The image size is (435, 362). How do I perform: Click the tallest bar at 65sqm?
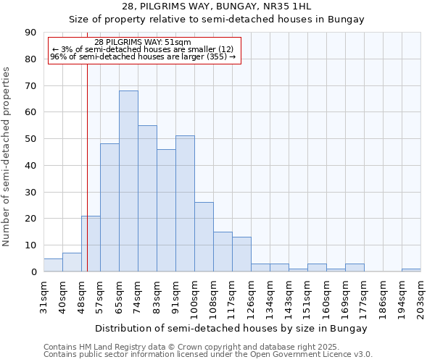tap(128, 181)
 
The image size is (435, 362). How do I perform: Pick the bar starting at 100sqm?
tap(204, 237)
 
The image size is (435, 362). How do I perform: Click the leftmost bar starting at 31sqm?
tap(53, 265)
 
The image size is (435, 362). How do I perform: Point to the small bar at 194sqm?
tap(411, 270)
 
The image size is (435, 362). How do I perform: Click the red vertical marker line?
tap(87, 167)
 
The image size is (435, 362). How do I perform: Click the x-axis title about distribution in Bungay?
tap(231, 328)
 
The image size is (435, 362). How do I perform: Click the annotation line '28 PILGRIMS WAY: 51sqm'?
tap(143, 43)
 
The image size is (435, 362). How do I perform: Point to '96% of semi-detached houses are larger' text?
tap(143, 56)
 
